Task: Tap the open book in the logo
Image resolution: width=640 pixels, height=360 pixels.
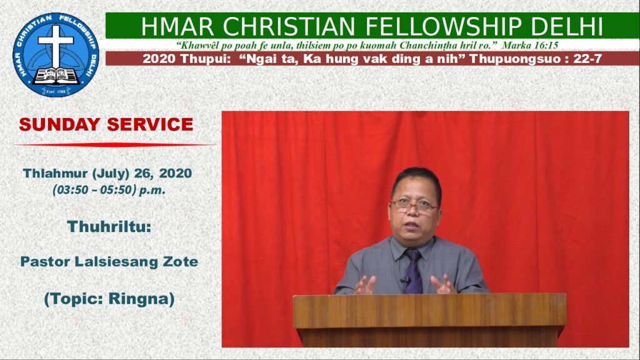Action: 56,76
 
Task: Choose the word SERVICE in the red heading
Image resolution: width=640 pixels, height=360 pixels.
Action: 150,124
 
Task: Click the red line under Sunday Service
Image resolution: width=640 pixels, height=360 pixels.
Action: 114,144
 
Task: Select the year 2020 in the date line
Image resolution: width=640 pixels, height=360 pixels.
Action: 176,173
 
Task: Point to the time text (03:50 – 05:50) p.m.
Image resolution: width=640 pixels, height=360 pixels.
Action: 109,190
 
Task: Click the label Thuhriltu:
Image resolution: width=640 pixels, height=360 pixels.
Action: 109,226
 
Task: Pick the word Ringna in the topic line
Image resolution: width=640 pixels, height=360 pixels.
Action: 139,299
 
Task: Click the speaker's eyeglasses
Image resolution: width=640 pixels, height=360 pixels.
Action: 414,206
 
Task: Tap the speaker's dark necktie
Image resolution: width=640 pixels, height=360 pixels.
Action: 413,271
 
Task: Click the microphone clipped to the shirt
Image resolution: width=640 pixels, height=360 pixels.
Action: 405,281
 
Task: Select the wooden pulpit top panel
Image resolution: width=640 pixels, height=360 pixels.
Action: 429,311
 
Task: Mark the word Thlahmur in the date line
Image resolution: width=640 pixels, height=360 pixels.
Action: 55,173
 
